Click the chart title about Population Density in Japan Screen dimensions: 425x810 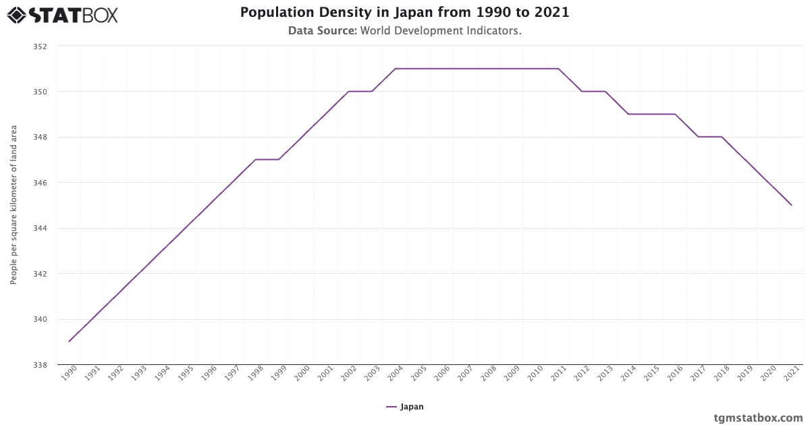click(x=405, y=13)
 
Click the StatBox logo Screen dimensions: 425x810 click(x=63, y=15)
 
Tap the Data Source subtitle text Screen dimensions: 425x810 click(x=405, y=31)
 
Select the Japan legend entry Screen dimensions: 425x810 click(x=405, y=407)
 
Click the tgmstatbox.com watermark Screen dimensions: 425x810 click(x=758, y=418)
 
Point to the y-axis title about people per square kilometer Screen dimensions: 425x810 click(x=13, y=204)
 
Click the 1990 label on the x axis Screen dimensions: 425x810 click(x=68, y=374)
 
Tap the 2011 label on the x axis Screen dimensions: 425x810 click(x=558, y=374)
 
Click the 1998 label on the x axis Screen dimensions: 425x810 click(x=254, y=374)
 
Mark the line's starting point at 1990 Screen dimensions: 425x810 click(x=69, y=341)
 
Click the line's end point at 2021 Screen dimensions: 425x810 click(x=791, y=205)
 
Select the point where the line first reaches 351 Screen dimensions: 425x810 click(x=395, y=68)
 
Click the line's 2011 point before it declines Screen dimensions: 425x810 click(x=558, y=68)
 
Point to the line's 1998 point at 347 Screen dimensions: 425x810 click(x=255, y=159)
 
